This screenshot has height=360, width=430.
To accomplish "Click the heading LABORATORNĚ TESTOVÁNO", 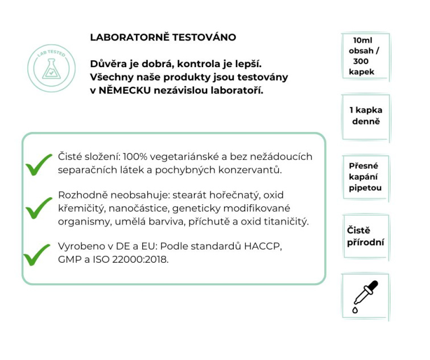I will [x=163, y=38].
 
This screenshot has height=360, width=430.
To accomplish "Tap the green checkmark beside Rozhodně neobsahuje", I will [x=39, y=209].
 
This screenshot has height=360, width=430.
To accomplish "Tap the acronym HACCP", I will [x=264, y=246].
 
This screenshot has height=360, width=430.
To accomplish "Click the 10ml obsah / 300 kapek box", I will [x=365, y=56].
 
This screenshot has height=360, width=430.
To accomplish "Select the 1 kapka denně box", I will [x=365, y=116].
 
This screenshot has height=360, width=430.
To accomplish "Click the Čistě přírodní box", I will [x=365, y=237].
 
